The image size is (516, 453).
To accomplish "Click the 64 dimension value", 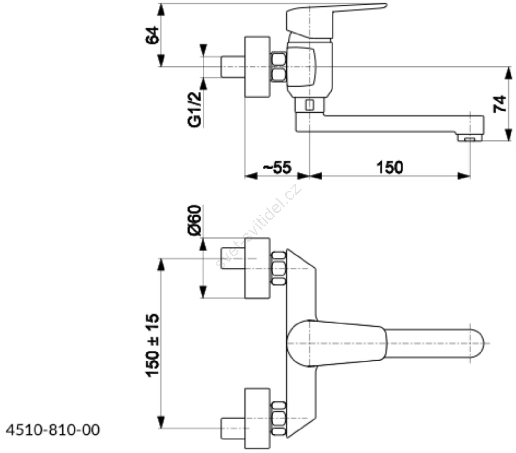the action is pos(153,35).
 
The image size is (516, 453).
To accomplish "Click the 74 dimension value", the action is pos(500,104).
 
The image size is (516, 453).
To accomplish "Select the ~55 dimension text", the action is pos(277,167).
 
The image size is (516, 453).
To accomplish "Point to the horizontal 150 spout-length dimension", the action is pos(390,168).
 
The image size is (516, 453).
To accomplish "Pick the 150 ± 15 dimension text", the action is pos(153,345).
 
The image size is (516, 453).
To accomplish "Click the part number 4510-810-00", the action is pos(53,430).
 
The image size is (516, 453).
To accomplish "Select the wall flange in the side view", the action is pos(257,67).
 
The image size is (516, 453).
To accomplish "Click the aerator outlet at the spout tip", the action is pos(471,138).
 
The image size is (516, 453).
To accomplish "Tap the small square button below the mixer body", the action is pos(309,105).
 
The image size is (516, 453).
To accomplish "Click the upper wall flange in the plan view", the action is pos(257,268).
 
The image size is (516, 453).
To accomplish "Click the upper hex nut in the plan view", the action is pos(279,268).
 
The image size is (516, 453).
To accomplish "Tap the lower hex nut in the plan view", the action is pos(279,419).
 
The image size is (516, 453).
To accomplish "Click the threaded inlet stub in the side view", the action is pos(233,67).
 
